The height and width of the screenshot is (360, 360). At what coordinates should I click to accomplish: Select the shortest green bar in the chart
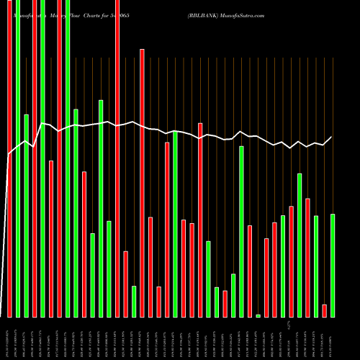coord(258,315)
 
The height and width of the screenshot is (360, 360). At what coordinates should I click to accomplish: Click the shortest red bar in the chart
coord(325,310)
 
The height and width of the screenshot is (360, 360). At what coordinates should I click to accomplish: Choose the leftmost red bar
coord(10,158)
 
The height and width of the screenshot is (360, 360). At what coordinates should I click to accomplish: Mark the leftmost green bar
coord(18,158)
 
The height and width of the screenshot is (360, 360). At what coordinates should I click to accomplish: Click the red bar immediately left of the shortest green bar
coord(250,271)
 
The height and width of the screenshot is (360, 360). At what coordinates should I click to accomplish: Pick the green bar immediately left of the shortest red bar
coord(316,266)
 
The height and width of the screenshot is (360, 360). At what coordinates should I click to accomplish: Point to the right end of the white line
coord(332,137)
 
